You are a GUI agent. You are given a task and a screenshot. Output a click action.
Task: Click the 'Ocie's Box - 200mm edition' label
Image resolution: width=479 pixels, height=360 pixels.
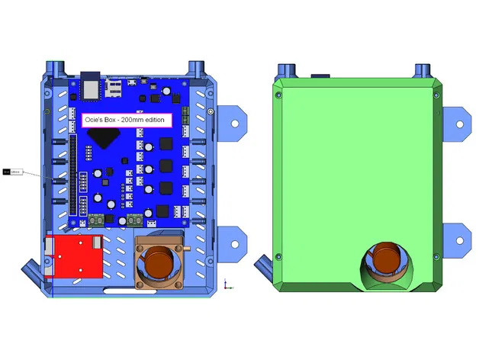coord(127,120)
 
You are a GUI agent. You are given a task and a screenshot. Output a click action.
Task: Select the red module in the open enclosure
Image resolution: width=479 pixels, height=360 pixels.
coord(74,257)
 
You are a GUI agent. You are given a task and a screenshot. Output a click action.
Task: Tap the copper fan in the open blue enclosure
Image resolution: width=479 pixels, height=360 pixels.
coord(160,260)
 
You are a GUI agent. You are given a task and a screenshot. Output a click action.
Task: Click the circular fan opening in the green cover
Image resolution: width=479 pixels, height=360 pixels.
coord(387,262)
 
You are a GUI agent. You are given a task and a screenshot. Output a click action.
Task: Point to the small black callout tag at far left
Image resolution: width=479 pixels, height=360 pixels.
coord(13,172)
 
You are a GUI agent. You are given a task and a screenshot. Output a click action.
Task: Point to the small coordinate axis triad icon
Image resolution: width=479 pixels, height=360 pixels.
coord(227,284)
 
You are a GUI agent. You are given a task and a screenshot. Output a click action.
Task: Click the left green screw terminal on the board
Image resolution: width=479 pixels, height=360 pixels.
coord(97,220)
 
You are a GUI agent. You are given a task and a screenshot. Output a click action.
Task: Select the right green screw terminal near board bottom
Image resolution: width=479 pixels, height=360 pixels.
coord(134,220)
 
